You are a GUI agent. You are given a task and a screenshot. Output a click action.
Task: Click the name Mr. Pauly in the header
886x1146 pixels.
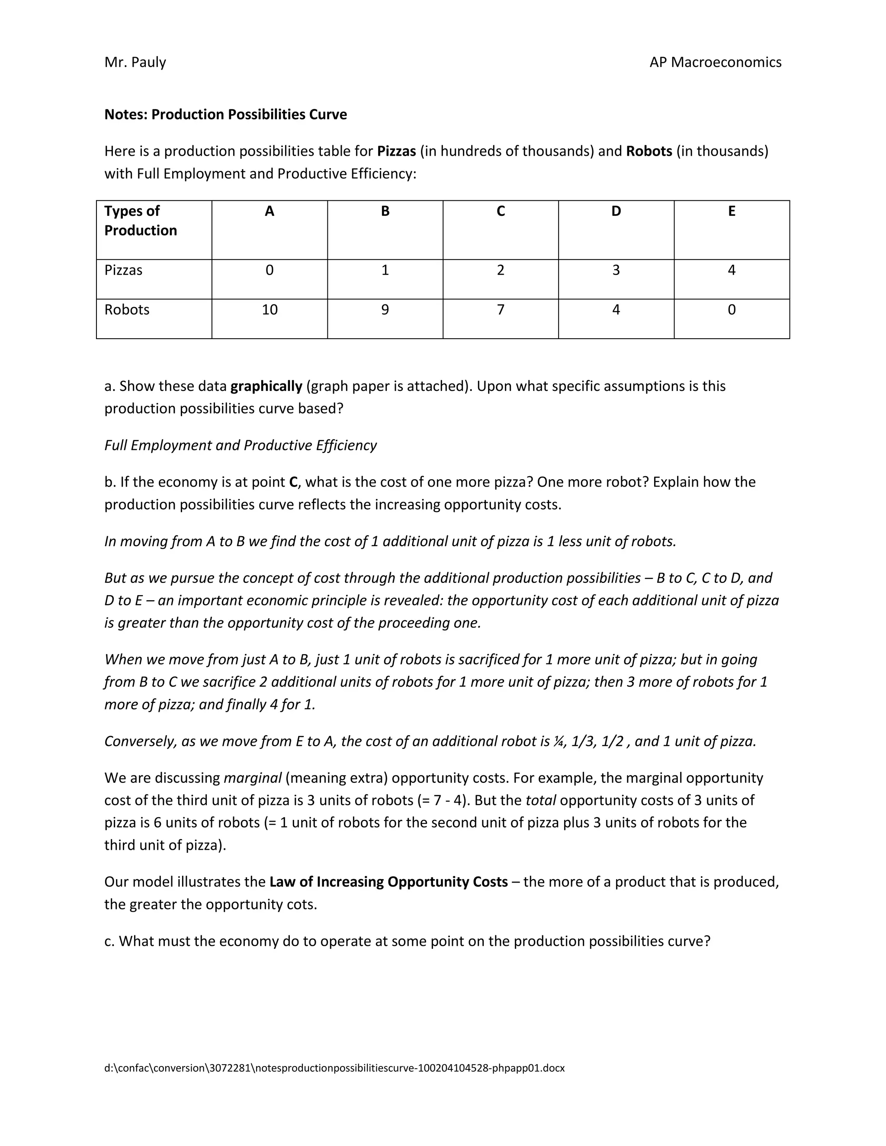(135, 62)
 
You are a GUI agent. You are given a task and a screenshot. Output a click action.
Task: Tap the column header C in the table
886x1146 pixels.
(500, 211)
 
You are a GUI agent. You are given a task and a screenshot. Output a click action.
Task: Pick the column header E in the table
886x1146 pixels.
(731, 211)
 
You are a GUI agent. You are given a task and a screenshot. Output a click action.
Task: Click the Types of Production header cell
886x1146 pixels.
(140, 221)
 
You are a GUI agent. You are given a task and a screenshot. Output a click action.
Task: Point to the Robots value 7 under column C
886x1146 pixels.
(500, 310)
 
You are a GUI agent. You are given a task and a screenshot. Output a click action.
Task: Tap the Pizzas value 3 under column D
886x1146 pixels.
(616, 270)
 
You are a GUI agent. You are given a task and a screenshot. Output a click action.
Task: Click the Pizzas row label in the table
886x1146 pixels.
(123, 270)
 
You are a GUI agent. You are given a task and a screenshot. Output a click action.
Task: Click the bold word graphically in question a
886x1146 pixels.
(266, 386)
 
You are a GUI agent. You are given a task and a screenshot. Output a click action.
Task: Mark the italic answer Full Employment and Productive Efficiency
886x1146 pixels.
(241, 445)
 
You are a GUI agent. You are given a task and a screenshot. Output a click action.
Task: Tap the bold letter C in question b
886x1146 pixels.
(293, 482)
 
